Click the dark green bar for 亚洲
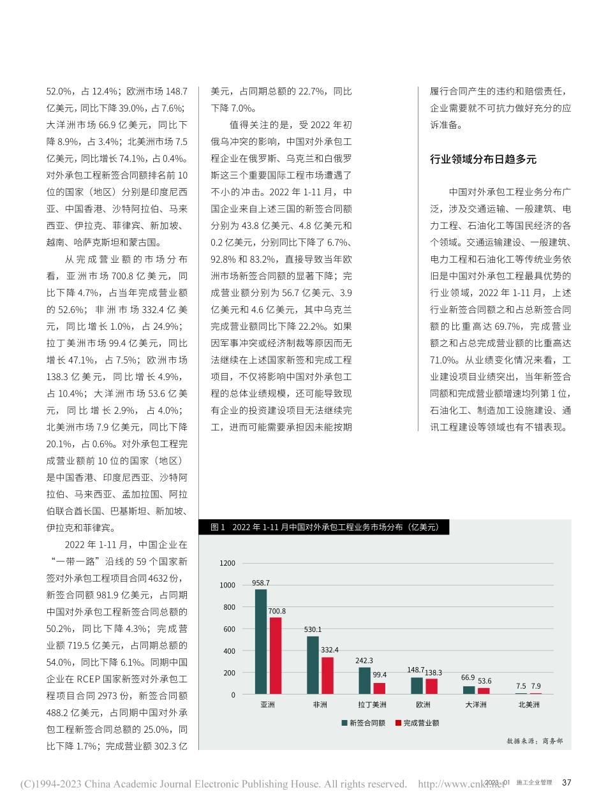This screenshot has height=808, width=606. (261, 642)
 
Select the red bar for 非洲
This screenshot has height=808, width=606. (327, 675)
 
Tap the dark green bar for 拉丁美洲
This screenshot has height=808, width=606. (364, 680)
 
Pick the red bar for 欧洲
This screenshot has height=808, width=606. (431, 686)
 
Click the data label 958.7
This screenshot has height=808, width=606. (261, 583)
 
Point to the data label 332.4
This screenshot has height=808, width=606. (330, 650)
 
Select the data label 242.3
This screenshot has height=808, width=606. (364, 661)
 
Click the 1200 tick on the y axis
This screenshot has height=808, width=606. (228, 564)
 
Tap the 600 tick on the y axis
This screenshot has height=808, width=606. (230, 629)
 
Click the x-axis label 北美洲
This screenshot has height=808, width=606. (528, 705)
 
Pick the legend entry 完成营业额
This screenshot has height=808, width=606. (417, 723)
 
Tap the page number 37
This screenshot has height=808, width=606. (566, 782)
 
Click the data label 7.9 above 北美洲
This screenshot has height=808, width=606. (536, 686)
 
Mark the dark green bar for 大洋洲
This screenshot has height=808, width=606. (469, 690)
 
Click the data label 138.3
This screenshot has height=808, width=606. (433, 673)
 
